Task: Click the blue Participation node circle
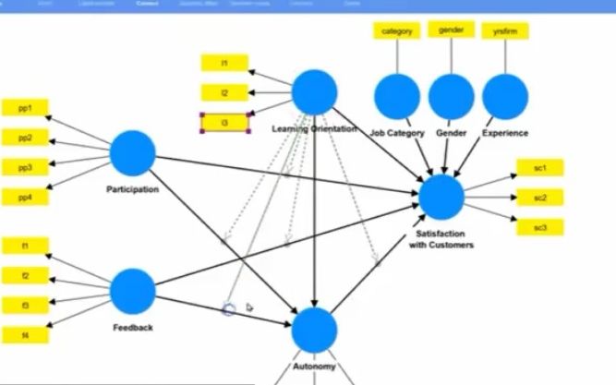click(133, 153)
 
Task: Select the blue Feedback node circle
click(133, 291)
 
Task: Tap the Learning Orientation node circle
click(314, 92)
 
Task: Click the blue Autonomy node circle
click(315, 330)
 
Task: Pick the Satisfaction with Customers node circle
click(441, 197)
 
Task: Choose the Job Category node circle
click(397, 96)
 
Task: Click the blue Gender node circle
click(452, 96)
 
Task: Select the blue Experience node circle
click(505, 96)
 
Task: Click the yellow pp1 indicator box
click(25, 108)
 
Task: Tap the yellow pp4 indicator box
click(25, 197)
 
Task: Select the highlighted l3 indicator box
click(225, 123)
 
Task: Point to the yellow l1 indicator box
click(224, 63)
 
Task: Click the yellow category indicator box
click(398, 31)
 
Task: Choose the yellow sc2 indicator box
click(540, 198)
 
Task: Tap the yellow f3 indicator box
click(25, 306)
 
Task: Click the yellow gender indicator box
click(452, 30)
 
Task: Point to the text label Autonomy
click(314, 367)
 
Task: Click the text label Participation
click(132, 189)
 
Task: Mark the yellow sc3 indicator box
click(540, 227)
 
